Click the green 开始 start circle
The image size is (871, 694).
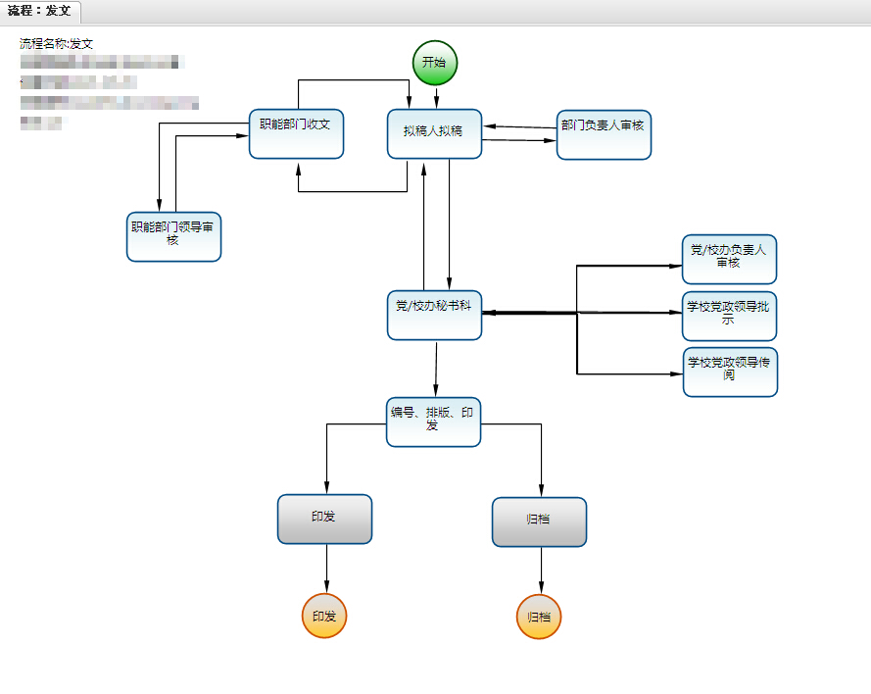pyautogui.click(x=435, y=63)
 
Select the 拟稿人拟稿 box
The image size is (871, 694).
pyautogui.click(x=435, y=133)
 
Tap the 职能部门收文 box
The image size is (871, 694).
pyautogui.click(x=296, y=133)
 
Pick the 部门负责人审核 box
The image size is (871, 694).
pyautogui.click(x=604, y=134)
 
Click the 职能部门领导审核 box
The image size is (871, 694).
pyautogui.click(x=173, y=236)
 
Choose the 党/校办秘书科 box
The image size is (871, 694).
pyautogui.click(x=434, y=315)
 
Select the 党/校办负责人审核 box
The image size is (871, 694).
pyautogui.click(x=729, y=259)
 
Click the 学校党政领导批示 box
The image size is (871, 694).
pyautogui.click(x=730, y=316)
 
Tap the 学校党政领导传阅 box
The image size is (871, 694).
pyautogui.click(x=730, y=372)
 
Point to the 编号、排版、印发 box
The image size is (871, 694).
pyautogui.click(x=433, y=421)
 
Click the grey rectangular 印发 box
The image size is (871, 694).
pyautogui.click(x=324, y=520)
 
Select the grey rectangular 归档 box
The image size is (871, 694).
pyautogui.click(x=539, y=521)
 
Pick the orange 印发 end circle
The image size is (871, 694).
pyautogui.click(x=324, y=617)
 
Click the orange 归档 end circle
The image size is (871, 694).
pyautogui.click(x=539, y=618)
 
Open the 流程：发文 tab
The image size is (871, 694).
pyautogui.click(x=40, y=11)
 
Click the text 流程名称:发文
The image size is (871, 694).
pyautogui.click(x=57, y=44)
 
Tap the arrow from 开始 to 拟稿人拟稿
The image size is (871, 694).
pyautogui.click(x=435, y=97)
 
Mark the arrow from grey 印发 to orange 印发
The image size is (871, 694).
pyautogui.click(x=325, y=569)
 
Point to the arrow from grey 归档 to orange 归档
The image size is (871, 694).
pyautogui.click(x=540, y=570)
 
